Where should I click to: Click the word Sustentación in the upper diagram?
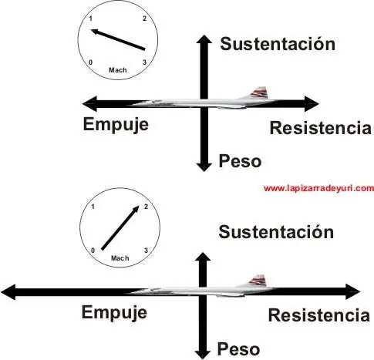278,44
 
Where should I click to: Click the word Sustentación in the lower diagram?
276,232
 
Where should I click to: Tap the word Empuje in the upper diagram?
116,125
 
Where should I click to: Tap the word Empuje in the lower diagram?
114,313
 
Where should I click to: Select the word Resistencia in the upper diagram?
321,128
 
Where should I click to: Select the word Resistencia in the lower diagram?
319,315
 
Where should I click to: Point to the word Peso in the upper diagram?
240,161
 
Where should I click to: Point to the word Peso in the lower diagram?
238,349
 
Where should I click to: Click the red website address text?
318,188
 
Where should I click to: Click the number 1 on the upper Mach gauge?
90,19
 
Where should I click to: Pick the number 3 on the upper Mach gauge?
144,62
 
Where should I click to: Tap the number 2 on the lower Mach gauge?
146,207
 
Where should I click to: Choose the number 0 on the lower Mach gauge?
93,251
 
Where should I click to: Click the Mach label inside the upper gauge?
118,70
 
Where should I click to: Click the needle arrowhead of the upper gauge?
95,32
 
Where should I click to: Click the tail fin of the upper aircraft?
260,93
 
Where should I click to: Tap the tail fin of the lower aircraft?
258,281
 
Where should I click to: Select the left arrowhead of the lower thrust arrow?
8,292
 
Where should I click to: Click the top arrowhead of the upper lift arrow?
204,39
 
